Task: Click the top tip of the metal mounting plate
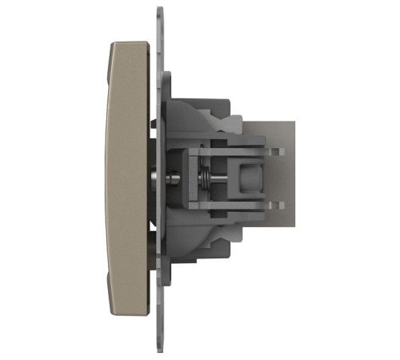point(160,11)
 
